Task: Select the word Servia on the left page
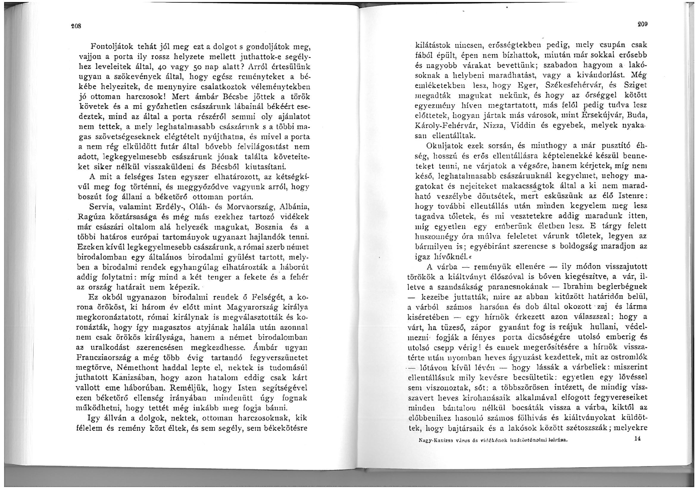tap(101, 206)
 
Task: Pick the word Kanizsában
tap(119, 378)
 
